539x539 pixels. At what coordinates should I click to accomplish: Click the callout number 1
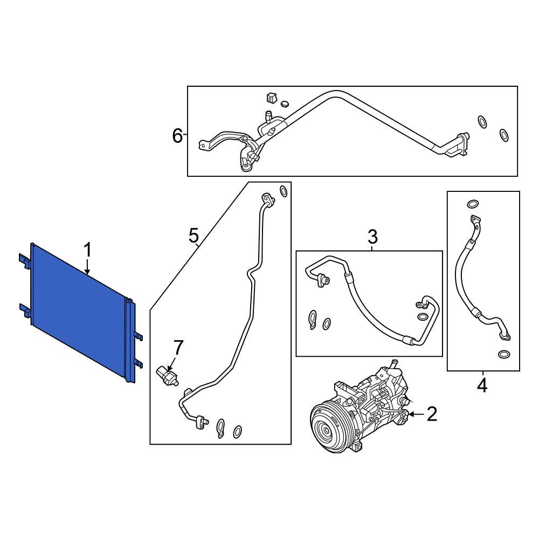pos(87,250)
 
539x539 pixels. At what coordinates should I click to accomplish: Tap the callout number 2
pos(432,414)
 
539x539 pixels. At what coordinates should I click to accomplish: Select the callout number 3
pos(372,236)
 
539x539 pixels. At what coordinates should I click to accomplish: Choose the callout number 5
pos(194,235)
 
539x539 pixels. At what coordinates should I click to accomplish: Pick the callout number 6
pos(177,136)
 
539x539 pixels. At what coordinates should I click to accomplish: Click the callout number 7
pos(178,348)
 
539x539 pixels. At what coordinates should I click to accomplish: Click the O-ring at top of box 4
pos(472,204)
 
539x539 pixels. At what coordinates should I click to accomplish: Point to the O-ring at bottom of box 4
pos(503,355)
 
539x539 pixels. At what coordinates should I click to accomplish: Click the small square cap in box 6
pos(271,98)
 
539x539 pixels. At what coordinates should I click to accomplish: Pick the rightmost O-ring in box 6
pos(504,135)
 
